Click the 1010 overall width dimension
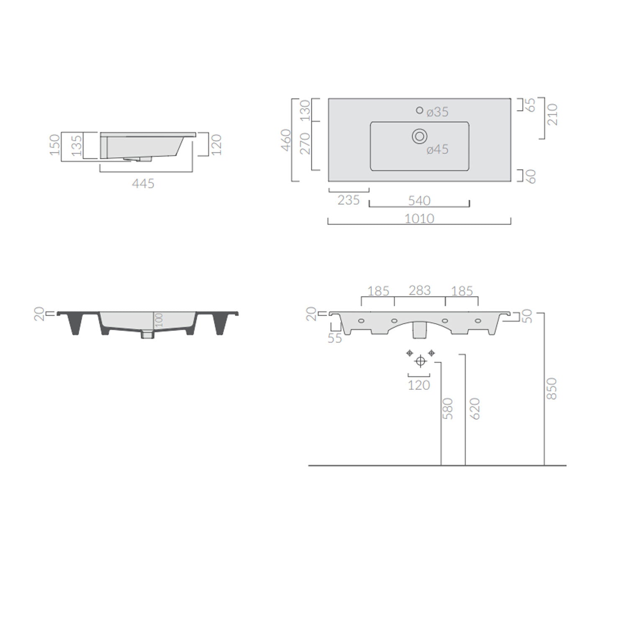[420, 219]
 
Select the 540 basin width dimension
[419, 201]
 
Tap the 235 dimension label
[349, 201]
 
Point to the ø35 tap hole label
[438, 112]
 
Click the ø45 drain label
[438, 149]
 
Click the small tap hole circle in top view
[420, 110]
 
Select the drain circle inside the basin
[420, 136]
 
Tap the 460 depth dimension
[286, 140]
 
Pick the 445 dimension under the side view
[143, 184]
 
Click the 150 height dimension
[55, 145]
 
